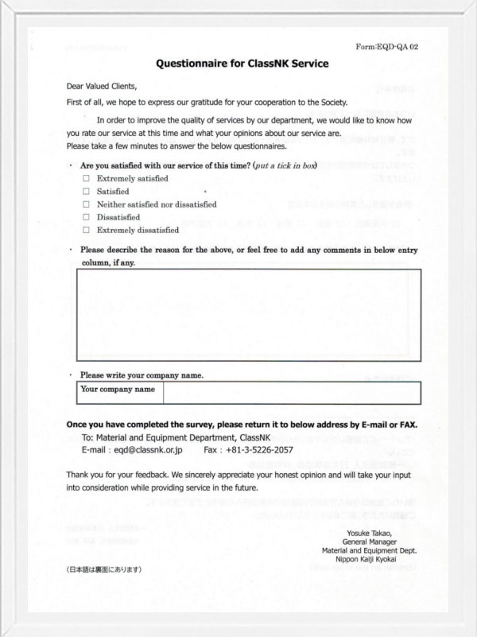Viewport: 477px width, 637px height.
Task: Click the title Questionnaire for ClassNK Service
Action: click(x=242, y=63)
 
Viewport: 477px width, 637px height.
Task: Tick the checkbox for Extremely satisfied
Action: click(x=86, y=179)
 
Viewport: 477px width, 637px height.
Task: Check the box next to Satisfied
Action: click(x=86, y=192)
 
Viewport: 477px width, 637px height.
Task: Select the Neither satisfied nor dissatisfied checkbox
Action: click(x=86, y=204)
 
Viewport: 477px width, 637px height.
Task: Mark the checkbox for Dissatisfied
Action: click(x=86, y=217)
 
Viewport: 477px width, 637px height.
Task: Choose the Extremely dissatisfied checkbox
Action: click(x=86, y=230)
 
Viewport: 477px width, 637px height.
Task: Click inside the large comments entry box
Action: click(x=248, y=316)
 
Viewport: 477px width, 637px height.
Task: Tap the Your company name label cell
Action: click(x=118, y=390)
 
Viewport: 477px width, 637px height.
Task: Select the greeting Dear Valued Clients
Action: click(x=102, y=87)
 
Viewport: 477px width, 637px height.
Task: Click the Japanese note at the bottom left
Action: click(x=104, y=569)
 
